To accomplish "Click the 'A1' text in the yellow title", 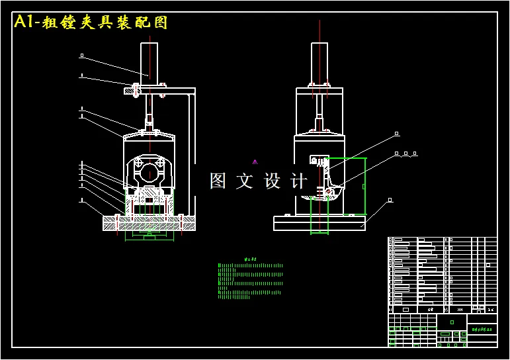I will [24, 22].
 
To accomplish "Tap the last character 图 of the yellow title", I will [161, 22].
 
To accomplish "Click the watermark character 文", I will [244, 181].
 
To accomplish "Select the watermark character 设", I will [273, 181].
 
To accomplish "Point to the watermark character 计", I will [300, 181].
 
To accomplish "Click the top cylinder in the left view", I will [151, 62].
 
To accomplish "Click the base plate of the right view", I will [319, 224].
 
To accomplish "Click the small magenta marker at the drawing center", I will [255, 161].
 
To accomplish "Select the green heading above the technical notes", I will [250, 259].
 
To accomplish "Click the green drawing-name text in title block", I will [482, 329].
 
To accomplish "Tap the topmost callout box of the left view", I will [81, 56].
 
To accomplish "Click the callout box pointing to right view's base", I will [390, 199].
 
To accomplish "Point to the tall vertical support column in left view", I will [192, 156].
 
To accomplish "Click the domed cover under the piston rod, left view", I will [150, 136].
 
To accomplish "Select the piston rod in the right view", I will [319, 109].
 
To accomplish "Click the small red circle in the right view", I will [329, 192].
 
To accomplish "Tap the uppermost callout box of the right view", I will [397, 134].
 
